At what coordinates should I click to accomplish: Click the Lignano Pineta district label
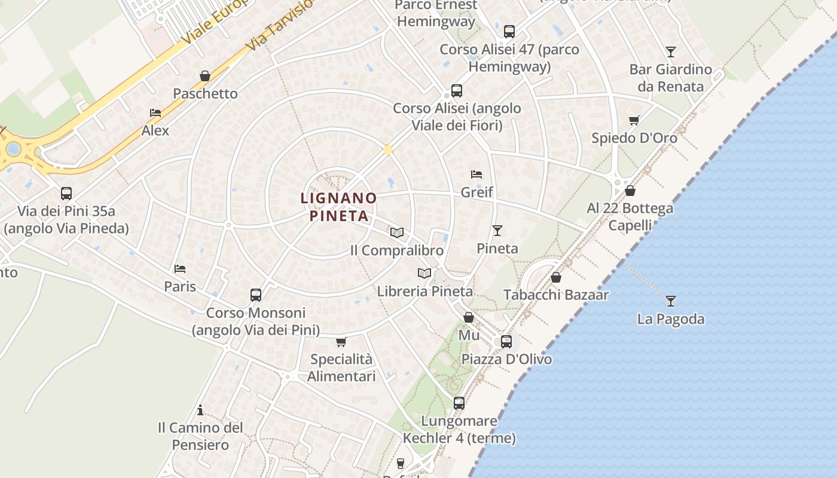tap(338, 206)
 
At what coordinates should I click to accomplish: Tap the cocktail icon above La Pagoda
tap(671, 301)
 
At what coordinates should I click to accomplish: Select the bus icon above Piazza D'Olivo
tap(506, 341)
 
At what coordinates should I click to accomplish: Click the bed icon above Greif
tap(476, 174)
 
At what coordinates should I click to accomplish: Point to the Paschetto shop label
tap(205, 94)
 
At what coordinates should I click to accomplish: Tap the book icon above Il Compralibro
tap(397, 232)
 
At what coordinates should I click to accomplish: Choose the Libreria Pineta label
tap(424, 292)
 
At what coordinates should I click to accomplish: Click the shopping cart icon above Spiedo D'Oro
tap(634, 120)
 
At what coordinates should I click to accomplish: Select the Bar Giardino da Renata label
tap(670, 78)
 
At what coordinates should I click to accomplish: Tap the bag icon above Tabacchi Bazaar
tap(556, 277)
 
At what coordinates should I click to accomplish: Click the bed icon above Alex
tap(155, 112)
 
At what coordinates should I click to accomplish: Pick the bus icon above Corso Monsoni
tap(256, 295)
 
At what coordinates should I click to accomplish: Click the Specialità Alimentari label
tap(341, 367)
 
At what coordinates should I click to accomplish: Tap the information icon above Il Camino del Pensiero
tap(200, 410)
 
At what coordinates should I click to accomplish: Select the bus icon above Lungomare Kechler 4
tap(459, 403)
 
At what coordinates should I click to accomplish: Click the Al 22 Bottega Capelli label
tap(630, 216)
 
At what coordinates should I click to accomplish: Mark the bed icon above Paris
tap(180, 269)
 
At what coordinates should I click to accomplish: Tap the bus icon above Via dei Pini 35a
tap(66, 193)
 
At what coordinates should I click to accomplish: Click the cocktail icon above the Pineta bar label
tap(497, 230)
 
